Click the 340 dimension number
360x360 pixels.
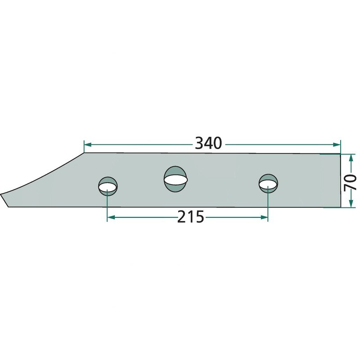(208, 143)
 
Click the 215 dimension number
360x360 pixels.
(190, 217)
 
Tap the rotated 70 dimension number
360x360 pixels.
(351, 183)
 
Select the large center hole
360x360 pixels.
(175, 179)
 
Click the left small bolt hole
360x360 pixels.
(108, 186)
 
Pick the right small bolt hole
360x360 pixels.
(268, 184)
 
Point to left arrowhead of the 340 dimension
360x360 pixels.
(88, 144)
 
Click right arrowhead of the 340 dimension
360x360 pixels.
(337, 144)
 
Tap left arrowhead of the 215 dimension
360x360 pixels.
(111, 217)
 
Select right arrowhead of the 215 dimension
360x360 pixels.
(264, 217)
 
